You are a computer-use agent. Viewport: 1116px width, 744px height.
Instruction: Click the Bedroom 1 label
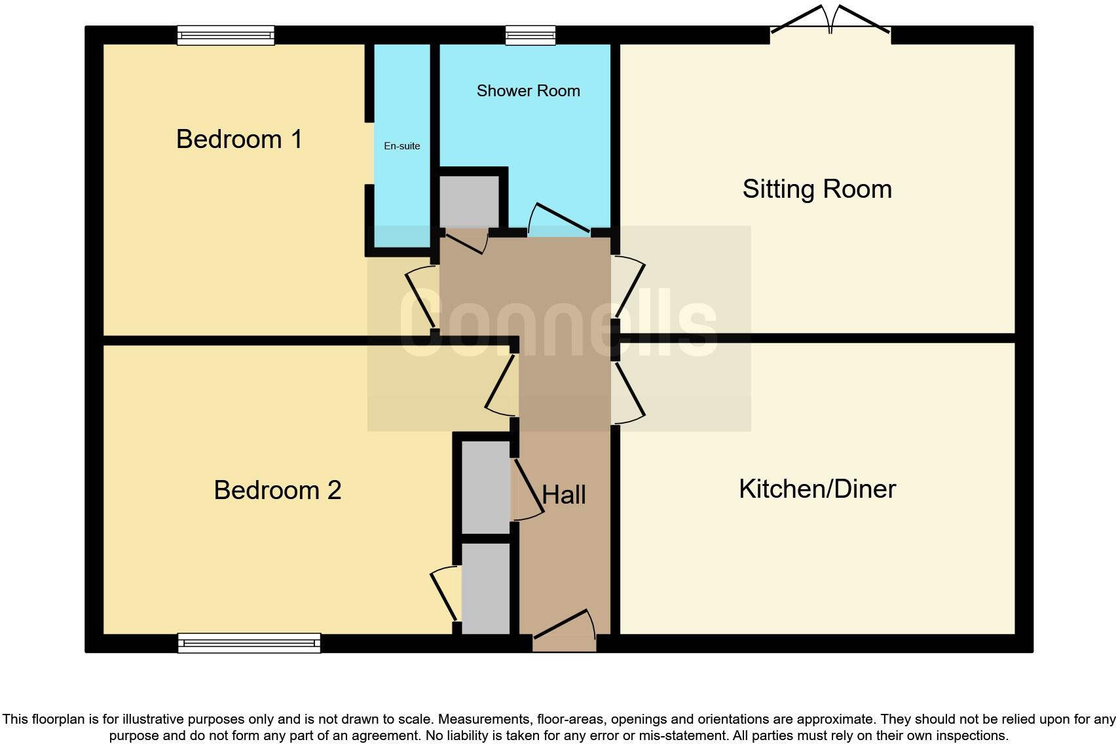tap(239, 139)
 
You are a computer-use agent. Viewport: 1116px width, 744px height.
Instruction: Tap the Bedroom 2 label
tap(277, 490)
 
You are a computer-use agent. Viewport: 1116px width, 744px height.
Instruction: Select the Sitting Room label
tap(817, 189)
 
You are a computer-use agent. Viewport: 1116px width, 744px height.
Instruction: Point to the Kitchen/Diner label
tap(817, 489)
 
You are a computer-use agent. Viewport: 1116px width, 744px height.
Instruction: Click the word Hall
tap(564, 495)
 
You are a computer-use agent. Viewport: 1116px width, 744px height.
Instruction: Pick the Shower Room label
tap(528, 91)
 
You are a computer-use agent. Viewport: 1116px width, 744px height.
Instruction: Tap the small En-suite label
tap(401, 146)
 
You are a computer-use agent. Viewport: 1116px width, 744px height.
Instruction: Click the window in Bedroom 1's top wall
tap(225, 35)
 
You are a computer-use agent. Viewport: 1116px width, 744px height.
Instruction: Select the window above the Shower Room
tap(530, 35)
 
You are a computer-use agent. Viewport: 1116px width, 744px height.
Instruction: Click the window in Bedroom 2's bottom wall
tap(249, 643)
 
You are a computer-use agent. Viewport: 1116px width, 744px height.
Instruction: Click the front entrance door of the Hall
tap(563, 626)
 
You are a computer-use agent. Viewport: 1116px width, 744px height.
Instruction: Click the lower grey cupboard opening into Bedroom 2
tap(485, 587)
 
